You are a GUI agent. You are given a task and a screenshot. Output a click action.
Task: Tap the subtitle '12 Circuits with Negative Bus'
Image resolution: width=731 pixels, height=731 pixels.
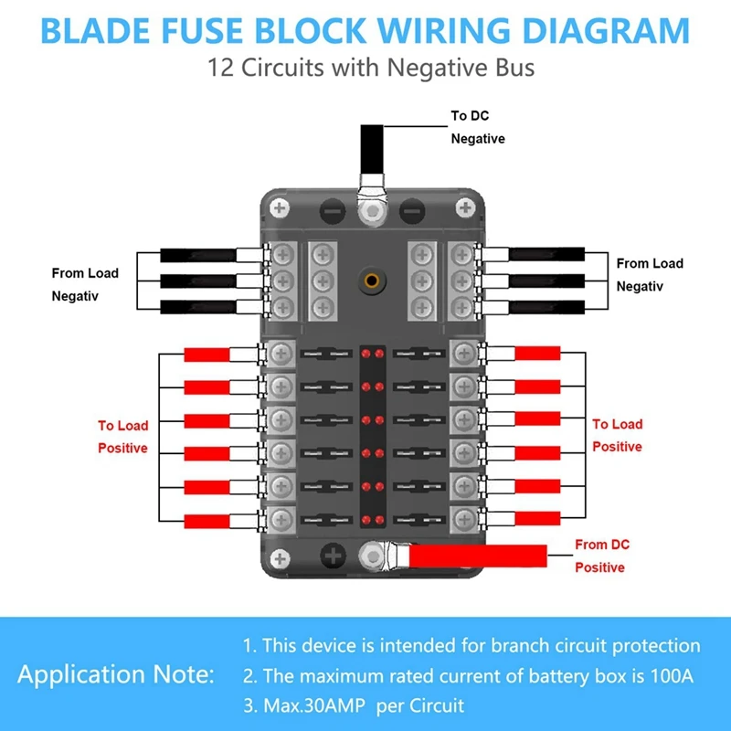pos(365,69)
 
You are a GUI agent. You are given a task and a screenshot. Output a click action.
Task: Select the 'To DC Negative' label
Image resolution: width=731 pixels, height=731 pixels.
pos(477,128)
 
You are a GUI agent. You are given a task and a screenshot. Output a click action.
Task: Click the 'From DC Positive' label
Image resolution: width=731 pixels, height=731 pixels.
pos(601,556)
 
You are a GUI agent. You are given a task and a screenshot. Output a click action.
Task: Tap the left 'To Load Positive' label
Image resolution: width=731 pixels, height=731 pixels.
pos(122,437)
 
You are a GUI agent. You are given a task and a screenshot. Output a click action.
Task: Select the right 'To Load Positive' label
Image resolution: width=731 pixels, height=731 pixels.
pos(617,435)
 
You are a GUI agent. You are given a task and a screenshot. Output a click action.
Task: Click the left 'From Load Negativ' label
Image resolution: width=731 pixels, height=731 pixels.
pos(85,284)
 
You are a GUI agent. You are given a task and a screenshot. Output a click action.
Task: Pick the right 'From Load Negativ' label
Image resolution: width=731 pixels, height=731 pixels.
pos(650,274)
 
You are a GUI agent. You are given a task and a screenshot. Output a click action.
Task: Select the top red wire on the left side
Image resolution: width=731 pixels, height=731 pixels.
pos(207,354)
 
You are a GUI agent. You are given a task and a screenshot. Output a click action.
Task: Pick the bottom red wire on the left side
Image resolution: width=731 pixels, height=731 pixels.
pos(207,521)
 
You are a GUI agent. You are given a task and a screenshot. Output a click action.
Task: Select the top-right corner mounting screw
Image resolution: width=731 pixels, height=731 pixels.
pos(466,207)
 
